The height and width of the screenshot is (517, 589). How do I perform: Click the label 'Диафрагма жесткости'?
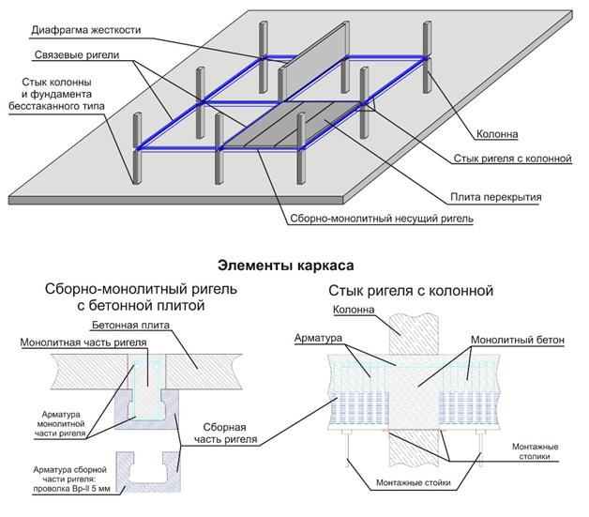click(x=85, y=29)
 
